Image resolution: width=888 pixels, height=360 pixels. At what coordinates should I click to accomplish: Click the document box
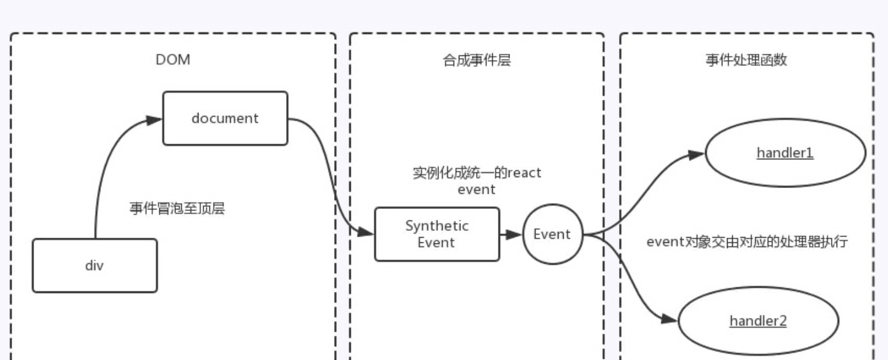[225, 118]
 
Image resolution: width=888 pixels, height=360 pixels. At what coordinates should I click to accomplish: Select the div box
[95, 265]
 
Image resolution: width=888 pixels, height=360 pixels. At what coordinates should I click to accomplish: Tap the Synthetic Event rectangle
[437, 234]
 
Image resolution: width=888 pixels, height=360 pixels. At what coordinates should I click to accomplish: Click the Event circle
[553, 234]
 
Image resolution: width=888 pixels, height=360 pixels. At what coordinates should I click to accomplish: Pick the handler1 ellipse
[785, 153]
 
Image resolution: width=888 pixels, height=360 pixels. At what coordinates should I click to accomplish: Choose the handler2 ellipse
[758, 321]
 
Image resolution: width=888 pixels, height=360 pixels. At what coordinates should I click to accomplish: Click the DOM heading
[173, 60]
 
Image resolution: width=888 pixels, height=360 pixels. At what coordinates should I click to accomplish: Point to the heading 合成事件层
[477, 61]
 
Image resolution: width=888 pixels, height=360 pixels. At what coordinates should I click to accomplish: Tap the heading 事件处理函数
[746, 61]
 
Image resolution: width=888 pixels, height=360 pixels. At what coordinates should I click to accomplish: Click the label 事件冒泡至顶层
[177, 208]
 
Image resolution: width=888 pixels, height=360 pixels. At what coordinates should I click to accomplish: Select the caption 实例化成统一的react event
[477, 181]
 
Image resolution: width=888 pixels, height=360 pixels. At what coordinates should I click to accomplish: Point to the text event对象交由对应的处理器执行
[747, 241]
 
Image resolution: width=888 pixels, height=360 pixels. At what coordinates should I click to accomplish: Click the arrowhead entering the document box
[154, 120]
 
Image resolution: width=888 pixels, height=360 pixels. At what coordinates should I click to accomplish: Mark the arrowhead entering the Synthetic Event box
[366, 232]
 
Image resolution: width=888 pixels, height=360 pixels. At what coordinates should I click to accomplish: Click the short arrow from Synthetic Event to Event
[511, 234]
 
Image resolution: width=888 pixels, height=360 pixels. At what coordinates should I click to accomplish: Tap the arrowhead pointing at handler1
[696, 154]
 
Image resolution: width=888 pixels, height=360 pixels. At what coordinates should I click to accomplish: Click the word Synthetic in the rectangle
[437, 226]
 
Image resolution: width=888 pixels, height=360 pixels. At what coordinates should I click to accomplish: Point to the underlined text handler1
[785, 153]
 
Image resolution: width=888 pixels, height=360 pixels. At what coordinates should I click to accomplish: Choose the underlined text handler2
[758, 321]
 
